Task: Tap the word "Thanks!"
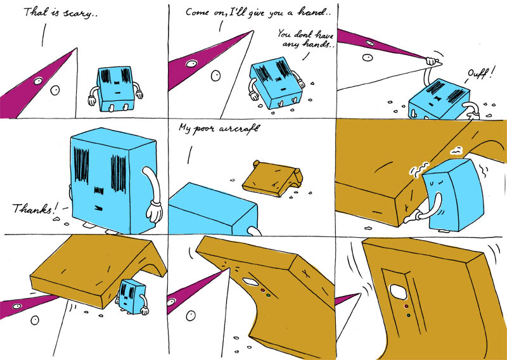click(32, 207)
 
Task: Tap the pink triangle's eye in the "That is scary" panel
click(39, 80)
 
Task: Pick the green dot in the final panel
click(408, 315)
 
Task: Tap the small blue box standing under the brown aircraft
click(132, 295)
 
